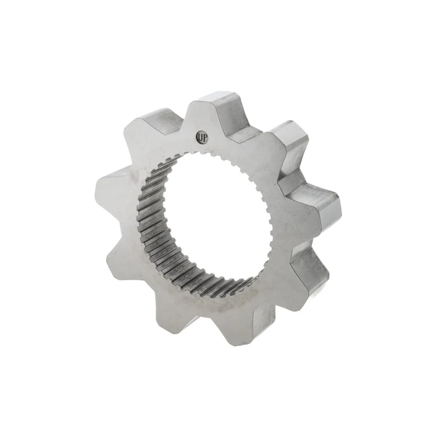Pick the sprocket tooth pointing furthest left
111,187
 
